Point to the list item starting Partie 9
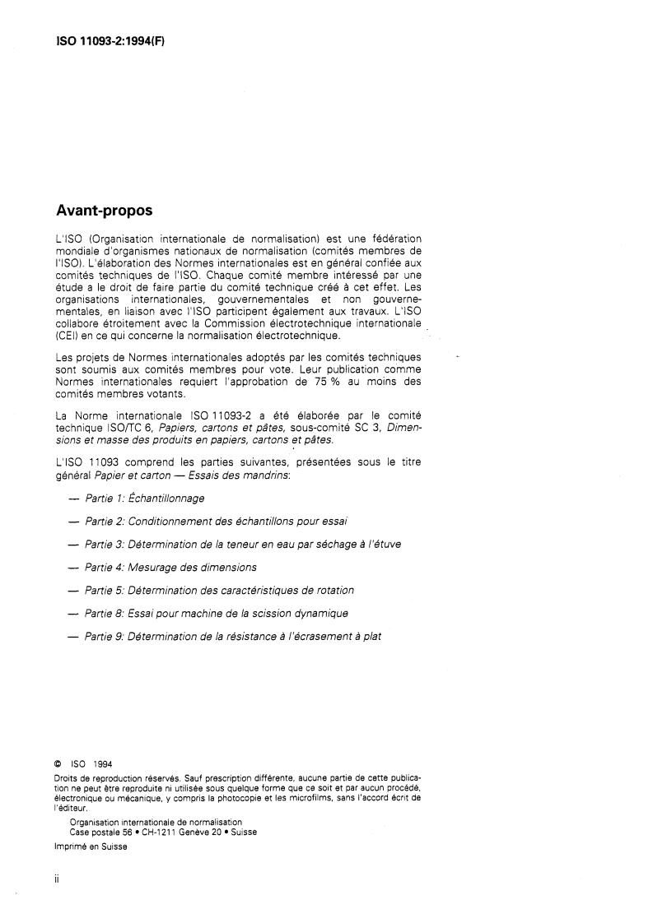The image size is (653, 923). pos(233,636)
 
